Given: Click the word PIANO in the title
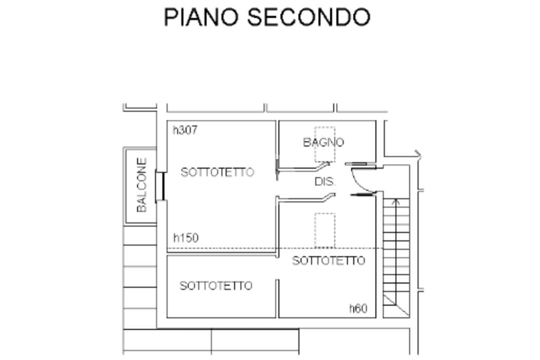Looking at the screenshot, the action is click(202, 17).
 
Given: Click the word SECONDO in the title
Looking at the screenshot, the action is click(308, 17).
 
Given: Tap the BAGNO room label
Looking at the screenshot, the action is click(323, 142).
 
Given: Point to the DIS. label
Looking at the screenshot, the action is click(325, 182).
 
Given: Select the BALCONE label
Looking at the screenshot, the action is click(141, 185).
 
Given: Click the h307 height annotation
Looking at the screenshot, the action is click(185, 130).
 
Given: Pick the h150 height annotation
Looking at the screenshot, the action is click(186, 238).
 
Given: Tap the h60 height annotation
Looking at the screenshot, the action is click(358, 309).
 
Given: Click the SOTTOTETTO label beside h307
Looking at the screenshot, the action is click(217, 172).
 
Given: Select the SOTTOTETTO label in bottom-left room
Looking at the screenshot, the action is click(216, 286).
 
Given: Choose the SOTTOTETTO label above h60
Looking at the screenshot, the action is click(329, 261).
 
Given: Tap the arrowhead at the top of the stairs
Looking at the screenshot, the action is click(397, 201).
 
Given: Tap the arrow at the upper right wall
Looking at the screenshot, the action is click(418, 154).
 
